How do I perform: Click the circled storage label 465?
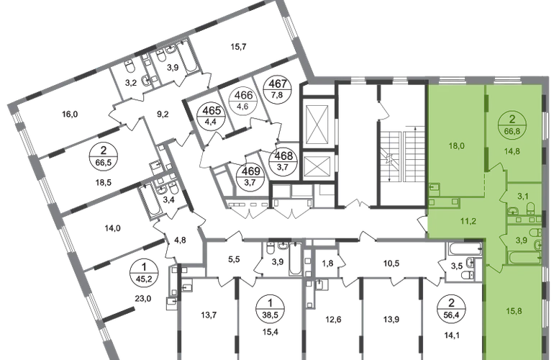(212, 116)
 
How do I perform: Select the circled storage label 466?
(244, 100)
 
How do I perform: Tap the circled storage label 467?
(278, 89)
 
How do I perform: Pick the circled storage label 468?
(283, 161)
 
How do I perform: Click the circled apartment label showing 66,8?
(512, 125)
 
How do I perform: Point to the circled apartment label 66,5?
(103, 156)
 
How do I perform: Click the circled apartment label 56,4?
(451, 309)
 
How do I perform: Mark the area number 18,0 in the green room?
(456, 145)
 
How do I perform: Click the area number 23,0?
(143, 299)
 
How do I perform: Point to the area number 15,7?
(238, 46)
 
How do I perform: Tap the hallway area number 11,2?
(468, 221)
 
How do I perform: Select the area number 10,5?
(391, 264)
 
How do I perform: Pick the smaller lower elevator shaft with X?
(318, 166)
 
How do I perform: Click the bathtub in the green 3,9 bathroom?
(525, 257)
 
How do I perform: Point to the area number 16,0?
(70, 114)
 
